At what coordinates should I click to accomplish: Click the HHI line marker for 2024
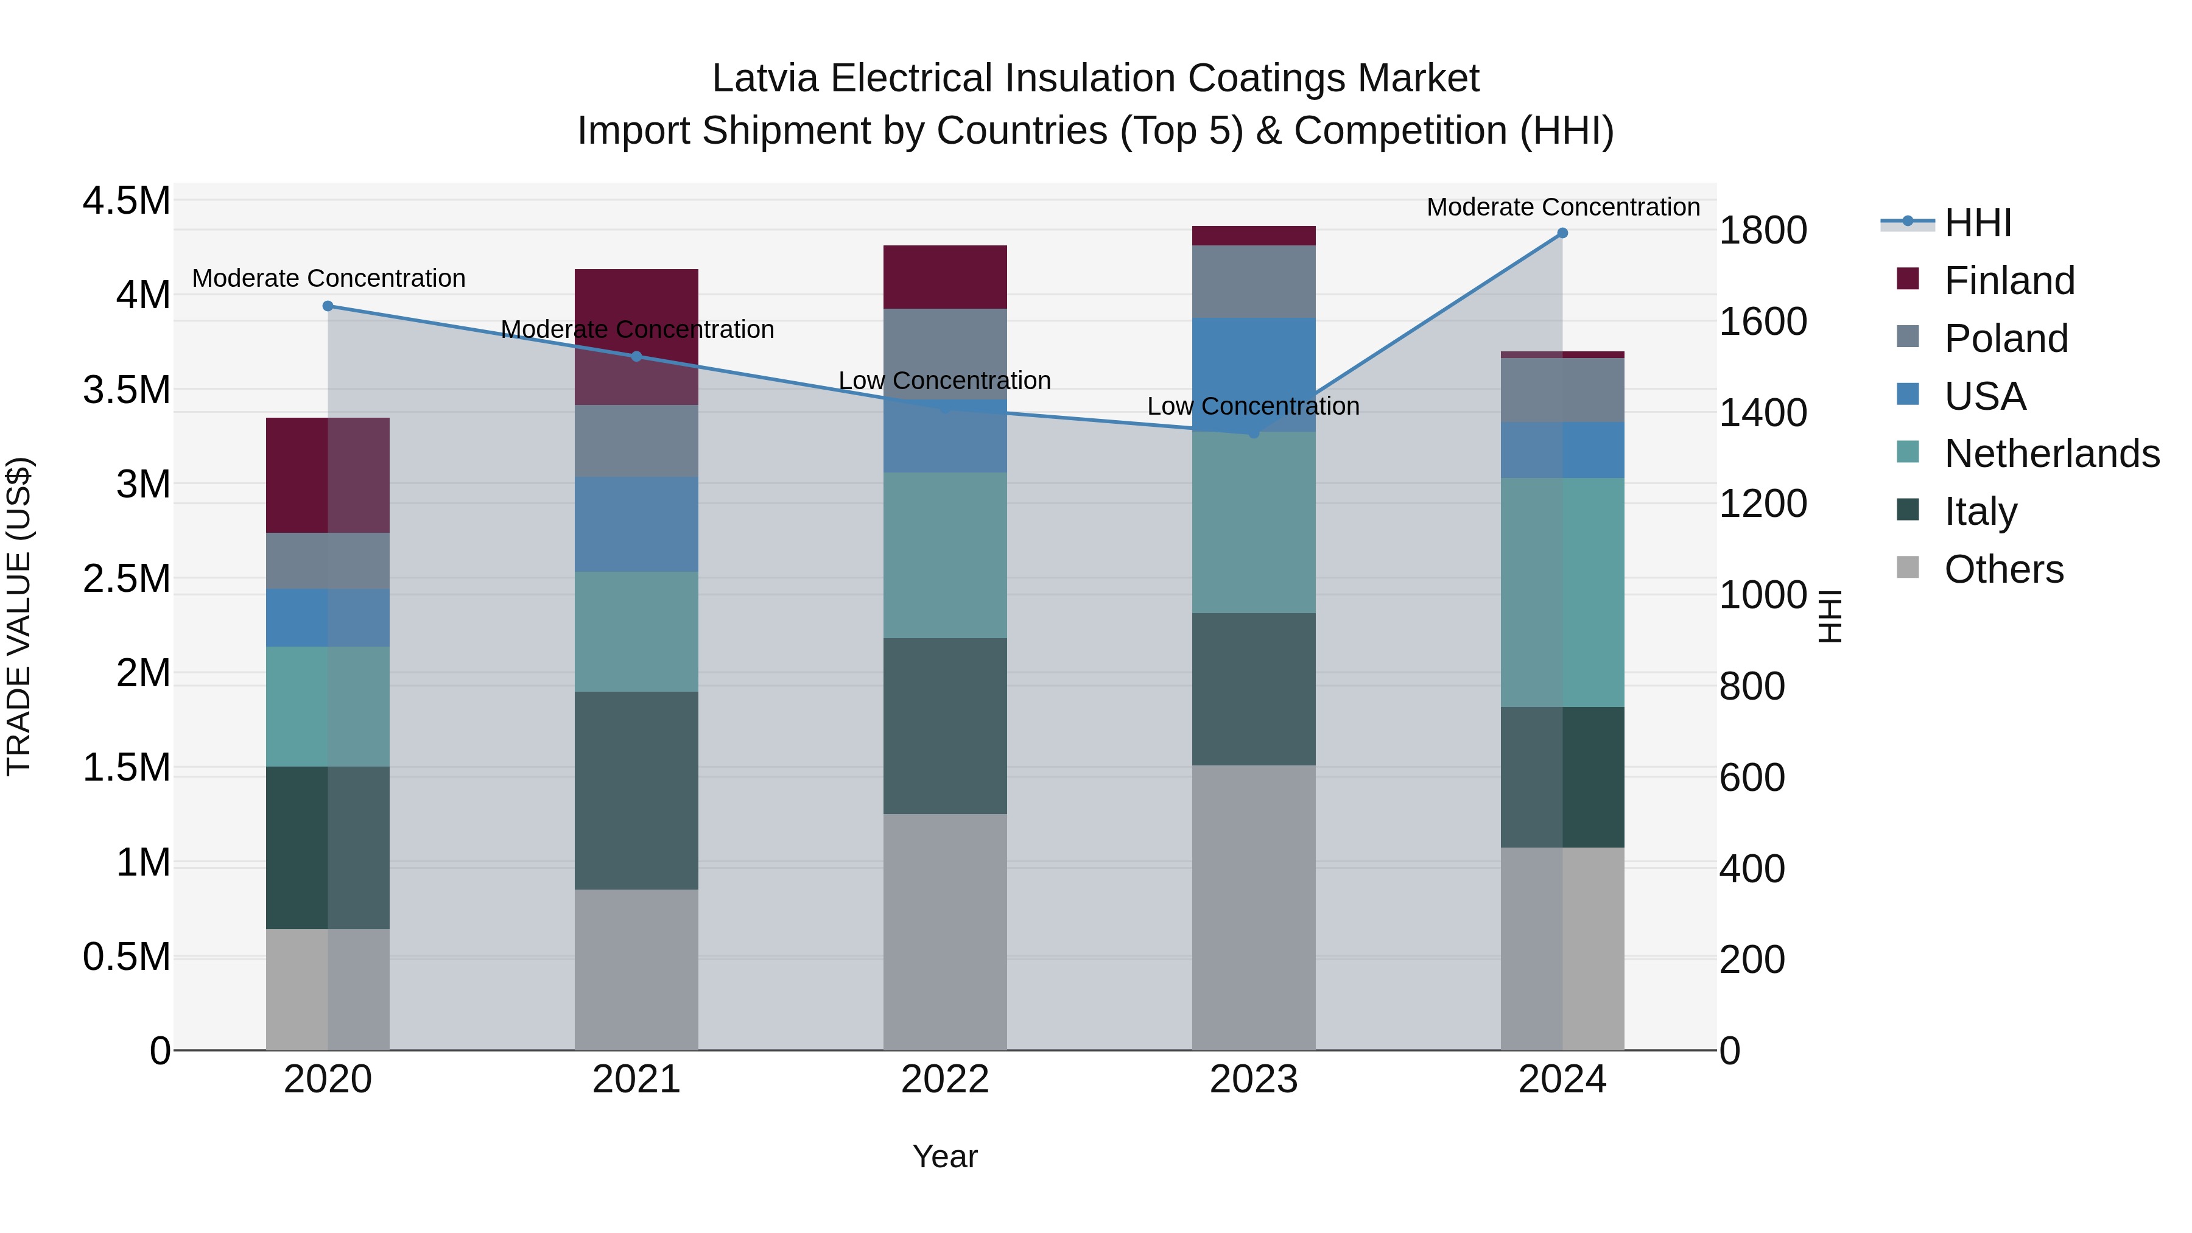tap(1562, 233)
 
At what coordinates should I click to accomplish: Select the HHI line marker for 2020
tap(328, 306)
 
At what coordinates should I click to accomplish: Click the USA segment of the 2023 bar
tap(1254, 374)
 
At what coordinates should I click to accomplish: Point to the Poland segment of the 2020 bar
tap(328, 561)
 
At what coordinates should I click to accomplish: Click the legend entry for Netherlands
tap(2051, 454)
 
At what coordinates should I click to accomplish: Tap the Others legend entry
tap(2003, 569)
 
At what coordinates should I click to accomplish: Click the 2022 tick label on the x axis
tap(944, 1080)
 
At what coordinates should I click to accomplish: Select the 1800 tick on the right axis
tap(1762, 231)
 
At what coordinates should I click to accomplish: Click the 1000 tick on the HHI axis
tap(1762, 595)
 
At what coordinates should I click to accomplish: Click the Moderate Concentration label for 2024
tap(1562, 207)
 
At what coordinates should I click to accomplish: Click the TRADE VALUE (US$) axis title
tap(19, 616)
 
